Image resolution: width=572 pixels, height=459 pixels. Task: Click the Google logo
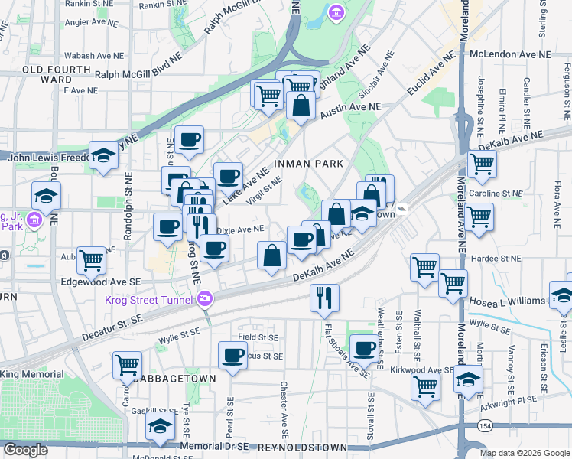[25, 450]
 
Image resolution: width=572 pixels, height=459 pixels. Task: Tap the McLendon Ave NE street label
[510, 55]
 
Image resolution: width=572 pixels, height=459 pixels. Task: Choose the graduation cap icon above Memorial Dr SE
[160, 426]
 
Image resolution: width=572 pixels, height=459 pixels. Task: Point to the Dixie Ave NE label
[240, 229]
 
